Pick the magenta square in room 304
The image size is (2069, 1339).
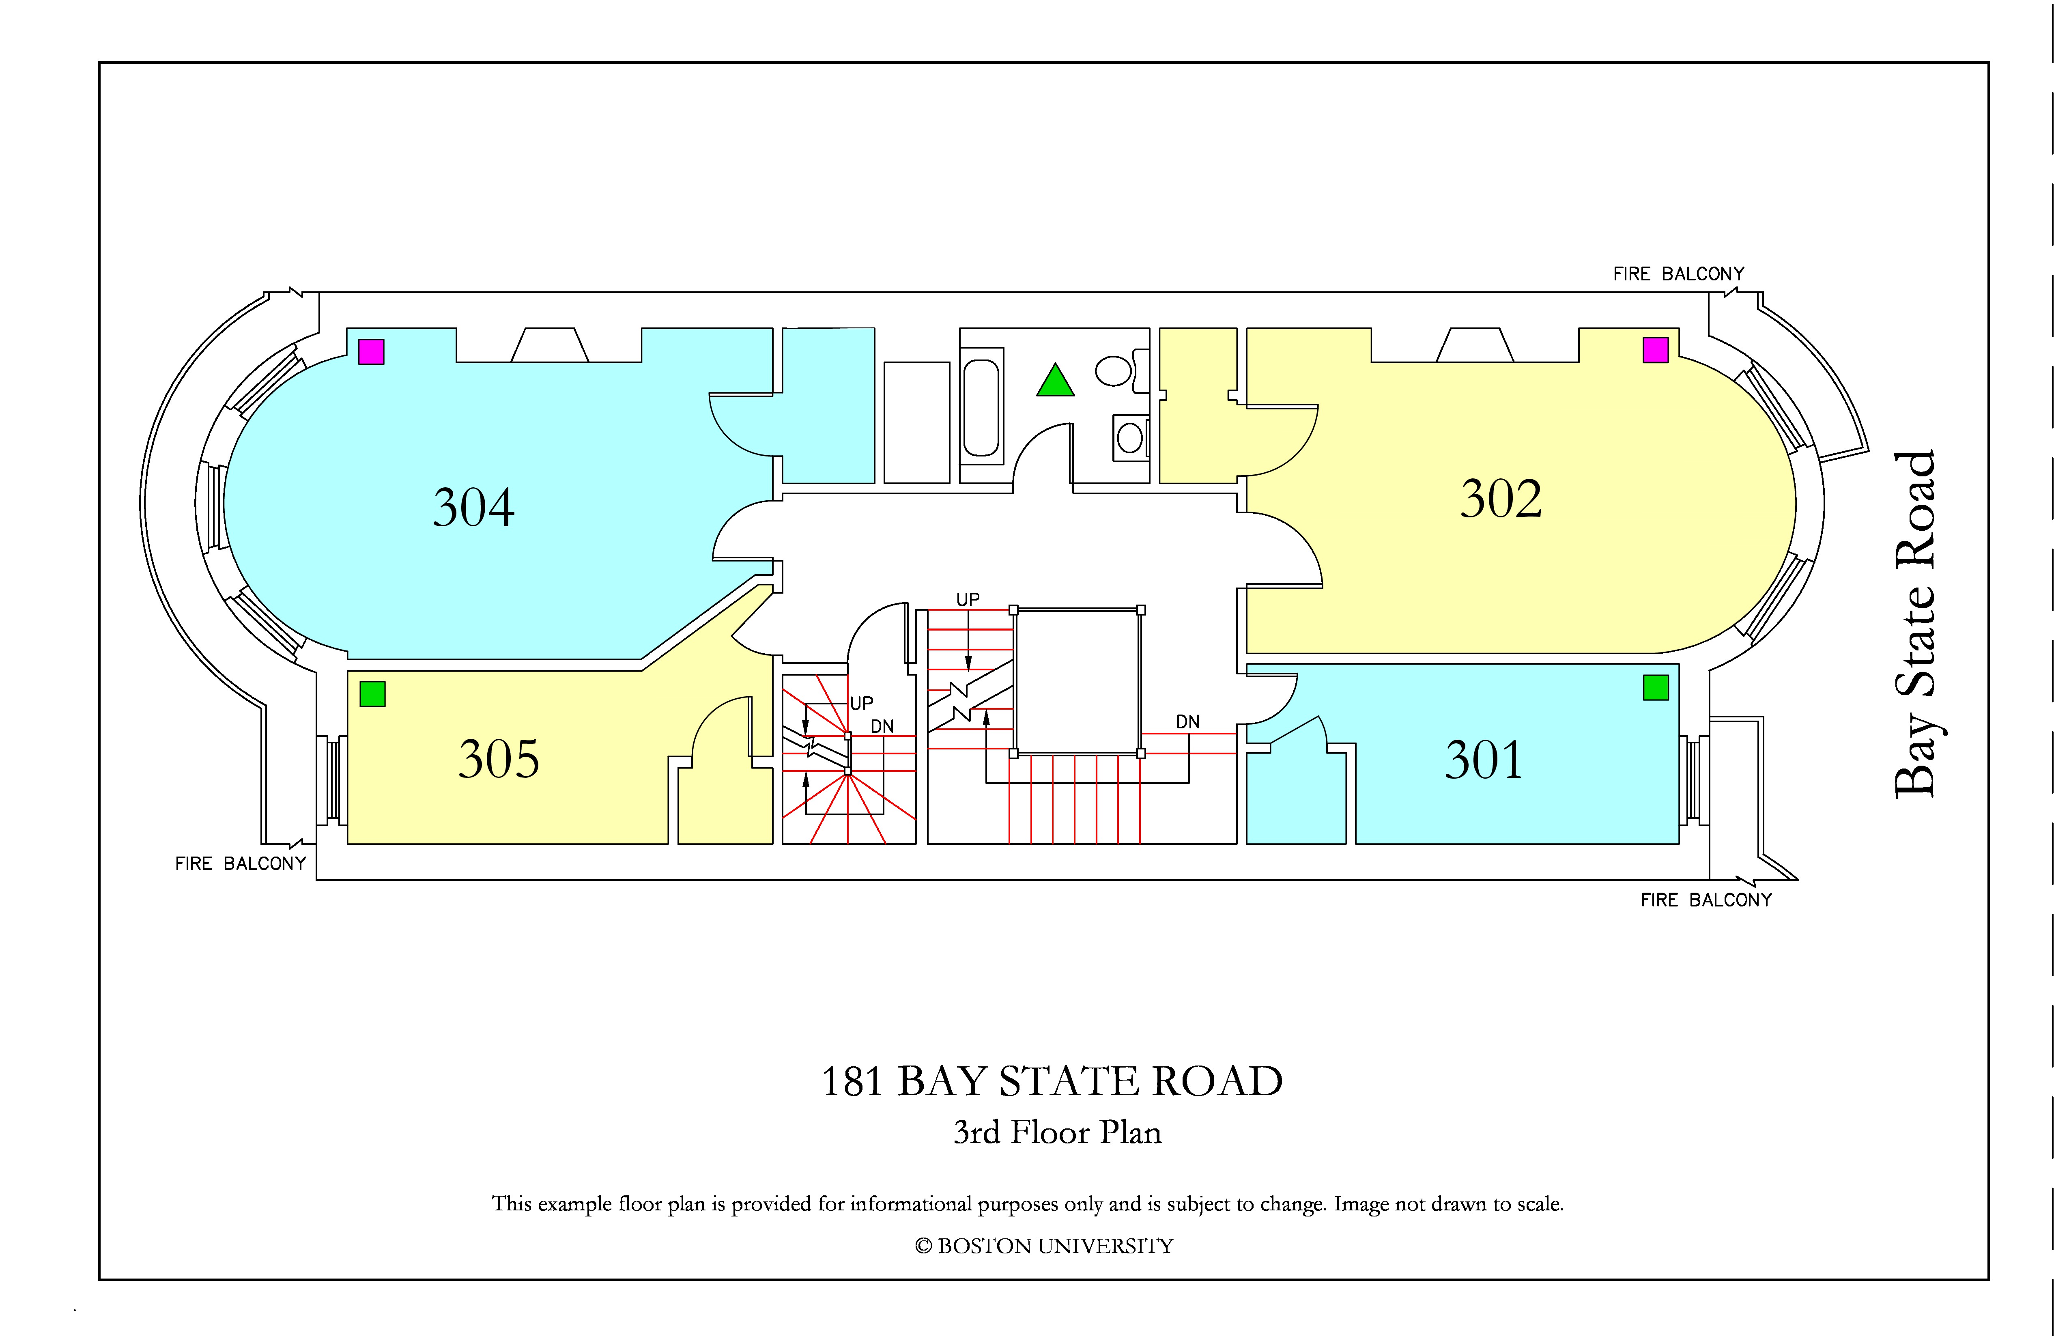pos(371,351)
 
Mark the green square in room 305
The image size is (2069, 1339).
pos(372,694)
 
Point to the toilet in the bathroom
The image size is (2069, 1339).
pos(1121,371)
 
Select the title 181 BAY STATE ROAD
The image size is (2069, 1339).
pos(1052,1082)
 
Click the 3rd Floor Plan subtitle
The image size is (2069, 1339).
pos(1057,1132)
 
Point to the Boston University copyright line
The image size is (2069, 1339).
pos(1044,1246)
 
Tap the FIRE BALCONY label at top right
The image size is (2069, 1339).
pos(1679,274)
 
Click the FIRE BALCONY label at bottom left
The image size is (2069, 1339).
pos(241,863)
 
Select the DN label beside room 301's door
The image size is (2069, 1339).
pos(1187,722)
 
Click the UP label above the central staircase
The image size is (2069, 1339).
pos(968,599)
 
